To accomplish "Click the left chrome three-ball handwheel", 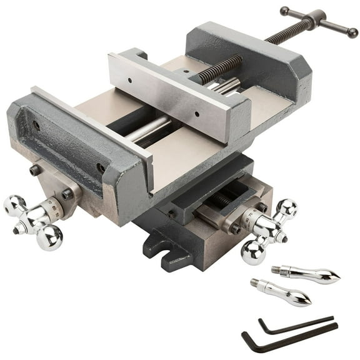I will tap(34, 218).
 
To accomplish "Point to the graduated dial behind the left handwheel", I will tap(59, 206).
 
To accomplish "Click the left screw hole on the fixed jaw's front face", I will tap(36, 125).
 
